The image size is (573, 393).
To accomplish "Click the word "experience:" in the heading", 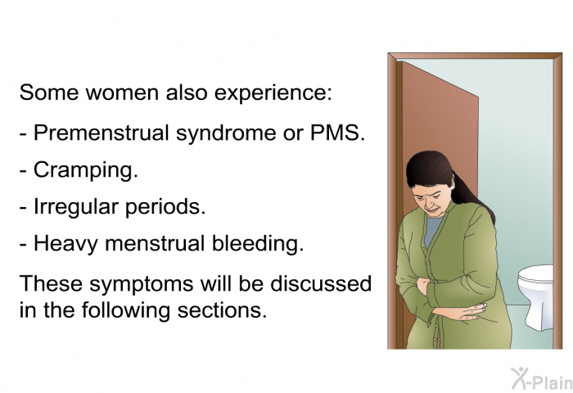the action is [x=273, y=93].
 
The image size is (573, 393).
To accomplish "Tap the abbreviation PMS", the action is [x=337, y=133].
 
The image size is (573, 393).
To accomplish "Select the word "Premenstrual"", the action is [x=102, y=133].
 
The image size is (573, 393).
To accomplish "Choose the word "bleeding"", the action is [x=258, y=243].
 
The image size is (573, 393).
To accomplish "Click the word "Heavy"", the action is [x=65, y=244].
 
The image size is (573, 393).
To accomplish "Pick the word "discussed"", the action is [x=321, y=283].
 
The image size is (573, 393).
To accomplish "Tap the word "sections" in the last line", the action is [x=222, y=310].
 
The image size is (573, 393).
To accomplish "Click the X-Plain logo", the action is [x=542, y=379].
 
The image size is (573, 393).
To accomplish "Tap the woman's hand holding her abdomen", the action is [x=465, y=313].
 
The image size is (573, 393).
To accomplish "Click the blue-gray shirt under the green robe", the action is [x=434, y=229].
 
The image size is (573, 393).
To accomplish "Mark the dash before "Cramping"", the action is [x=24, y=171].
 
